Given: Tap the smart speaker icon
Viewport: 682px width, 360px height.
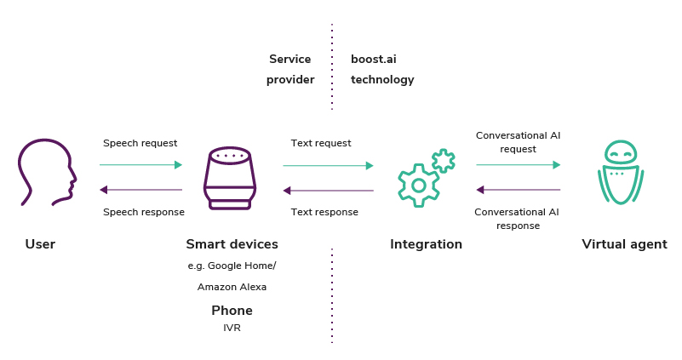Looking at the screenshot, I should click(230, 178).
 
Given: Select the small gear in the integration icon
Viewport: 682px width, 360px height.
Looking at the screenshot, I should click(443, 160).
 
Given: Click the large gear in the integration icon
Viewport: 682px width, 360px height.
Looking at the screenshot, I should click(418, 185).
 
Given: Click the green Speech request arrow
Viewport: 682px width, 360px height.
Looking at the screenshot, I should click(140, 164).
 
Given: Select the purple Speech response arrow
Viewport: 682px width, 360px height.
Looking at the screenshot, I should click(140, 190).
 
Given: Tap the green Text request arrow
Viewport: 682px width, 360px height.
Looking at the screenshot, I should click(328, 165).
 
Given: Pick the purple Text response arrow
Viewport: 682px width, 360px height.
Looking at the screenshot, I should click(328, 190).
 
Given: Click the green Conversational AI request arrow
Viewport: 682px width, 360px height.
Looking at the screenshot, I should click(518, 164).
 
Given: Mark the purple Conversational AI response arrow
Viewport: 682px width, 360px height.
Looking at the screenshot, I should click(518, 190).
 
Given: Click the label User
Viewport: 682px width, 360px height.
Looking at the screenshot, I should click(40, 244).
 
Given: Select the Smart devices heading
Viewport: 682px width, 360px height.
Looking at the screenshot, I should click(232, 244).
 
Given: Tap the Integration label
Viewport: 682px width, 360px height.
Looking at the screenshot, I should click(426, 244).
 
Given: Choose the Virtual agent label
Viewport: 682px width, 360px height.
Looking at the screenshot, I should click(624, 244).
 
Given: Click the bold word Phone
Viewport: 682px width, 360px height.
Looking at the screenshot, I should click(232, 310).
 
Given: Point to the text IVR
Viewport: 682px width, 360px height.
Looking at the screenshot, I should click(232, 328).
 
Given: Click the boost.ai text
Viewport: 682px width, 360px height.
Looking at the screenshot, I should click(374, 59).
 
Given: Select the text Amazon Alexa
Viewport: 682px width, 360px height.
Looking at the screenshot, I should click(232, 287).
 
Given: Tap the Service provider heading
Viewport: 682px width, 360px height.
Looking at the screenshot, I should click(290, 69).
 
